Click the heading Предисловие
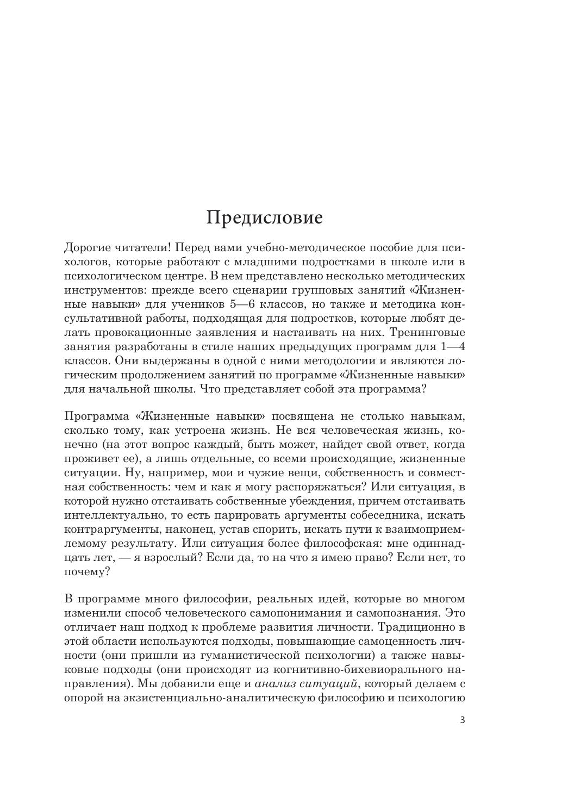(x=264, y=218)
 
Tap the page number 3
(x=463, y=720)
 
